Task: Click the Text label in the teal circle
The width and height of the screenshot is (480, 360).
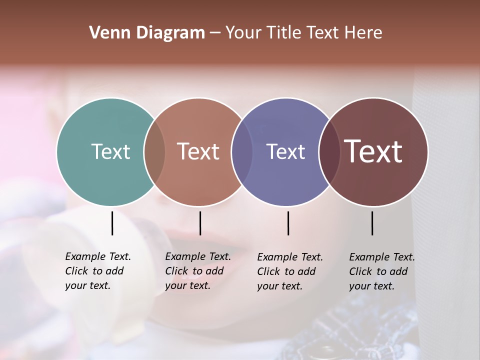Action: (x=110, y=151)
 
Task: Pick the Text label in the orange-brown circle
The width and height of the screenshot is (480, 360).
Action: (x=198, y=151)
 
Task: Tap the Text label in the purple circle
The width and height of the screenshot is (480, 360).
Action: (x=285, y=151)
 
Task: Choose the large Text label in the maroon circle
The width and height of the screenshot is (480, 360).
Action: (x=373, y=151)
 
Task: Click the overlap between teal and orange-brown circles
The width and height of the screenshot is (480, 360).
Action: (x=154, y=152)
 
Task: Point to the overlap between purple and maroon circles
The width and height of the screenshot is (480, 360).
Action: (x=329, y=152)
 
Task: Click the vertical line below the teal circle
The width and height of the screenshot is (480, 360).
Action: (x=112, y=223)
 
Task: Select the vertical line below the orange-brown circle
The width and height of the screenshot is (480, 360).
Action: (x=200, y=223)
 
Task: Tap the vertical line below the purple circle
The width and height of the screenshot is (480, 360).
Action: (x=288, y=223)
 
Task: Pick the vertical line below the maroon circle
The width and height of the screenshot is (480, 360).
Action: (x=372, y=223)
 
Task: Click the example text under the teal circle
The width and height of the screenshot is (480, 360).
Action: (x=97, y=271)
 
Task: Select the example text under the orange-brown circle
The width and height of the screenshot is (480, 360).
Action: (x=197, y=271)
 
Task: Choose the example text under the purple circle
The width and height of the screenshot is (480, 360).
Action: (x=289, y=271)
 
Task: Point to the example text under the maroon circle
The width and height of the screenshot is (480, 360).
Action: (x=381, y=271)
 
